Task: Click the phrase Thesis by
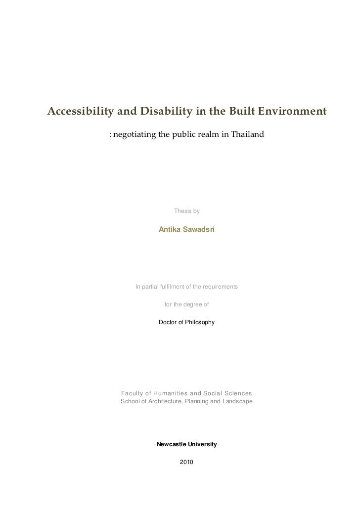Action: pyautogui.click(x=186, y=212)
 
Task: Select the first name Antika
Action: pyautogui.click(x=170, y=230)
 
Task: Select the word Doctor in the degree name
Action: pyautogui.click(x=168, y=322)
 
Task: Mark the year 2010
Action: pyautogui.click(x=186, y=462)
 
